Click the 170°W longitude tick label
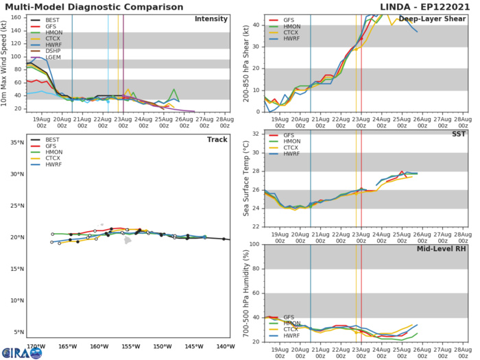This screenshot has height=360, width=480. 36,346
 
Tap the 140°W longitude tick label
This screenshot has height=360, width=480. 225,346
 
